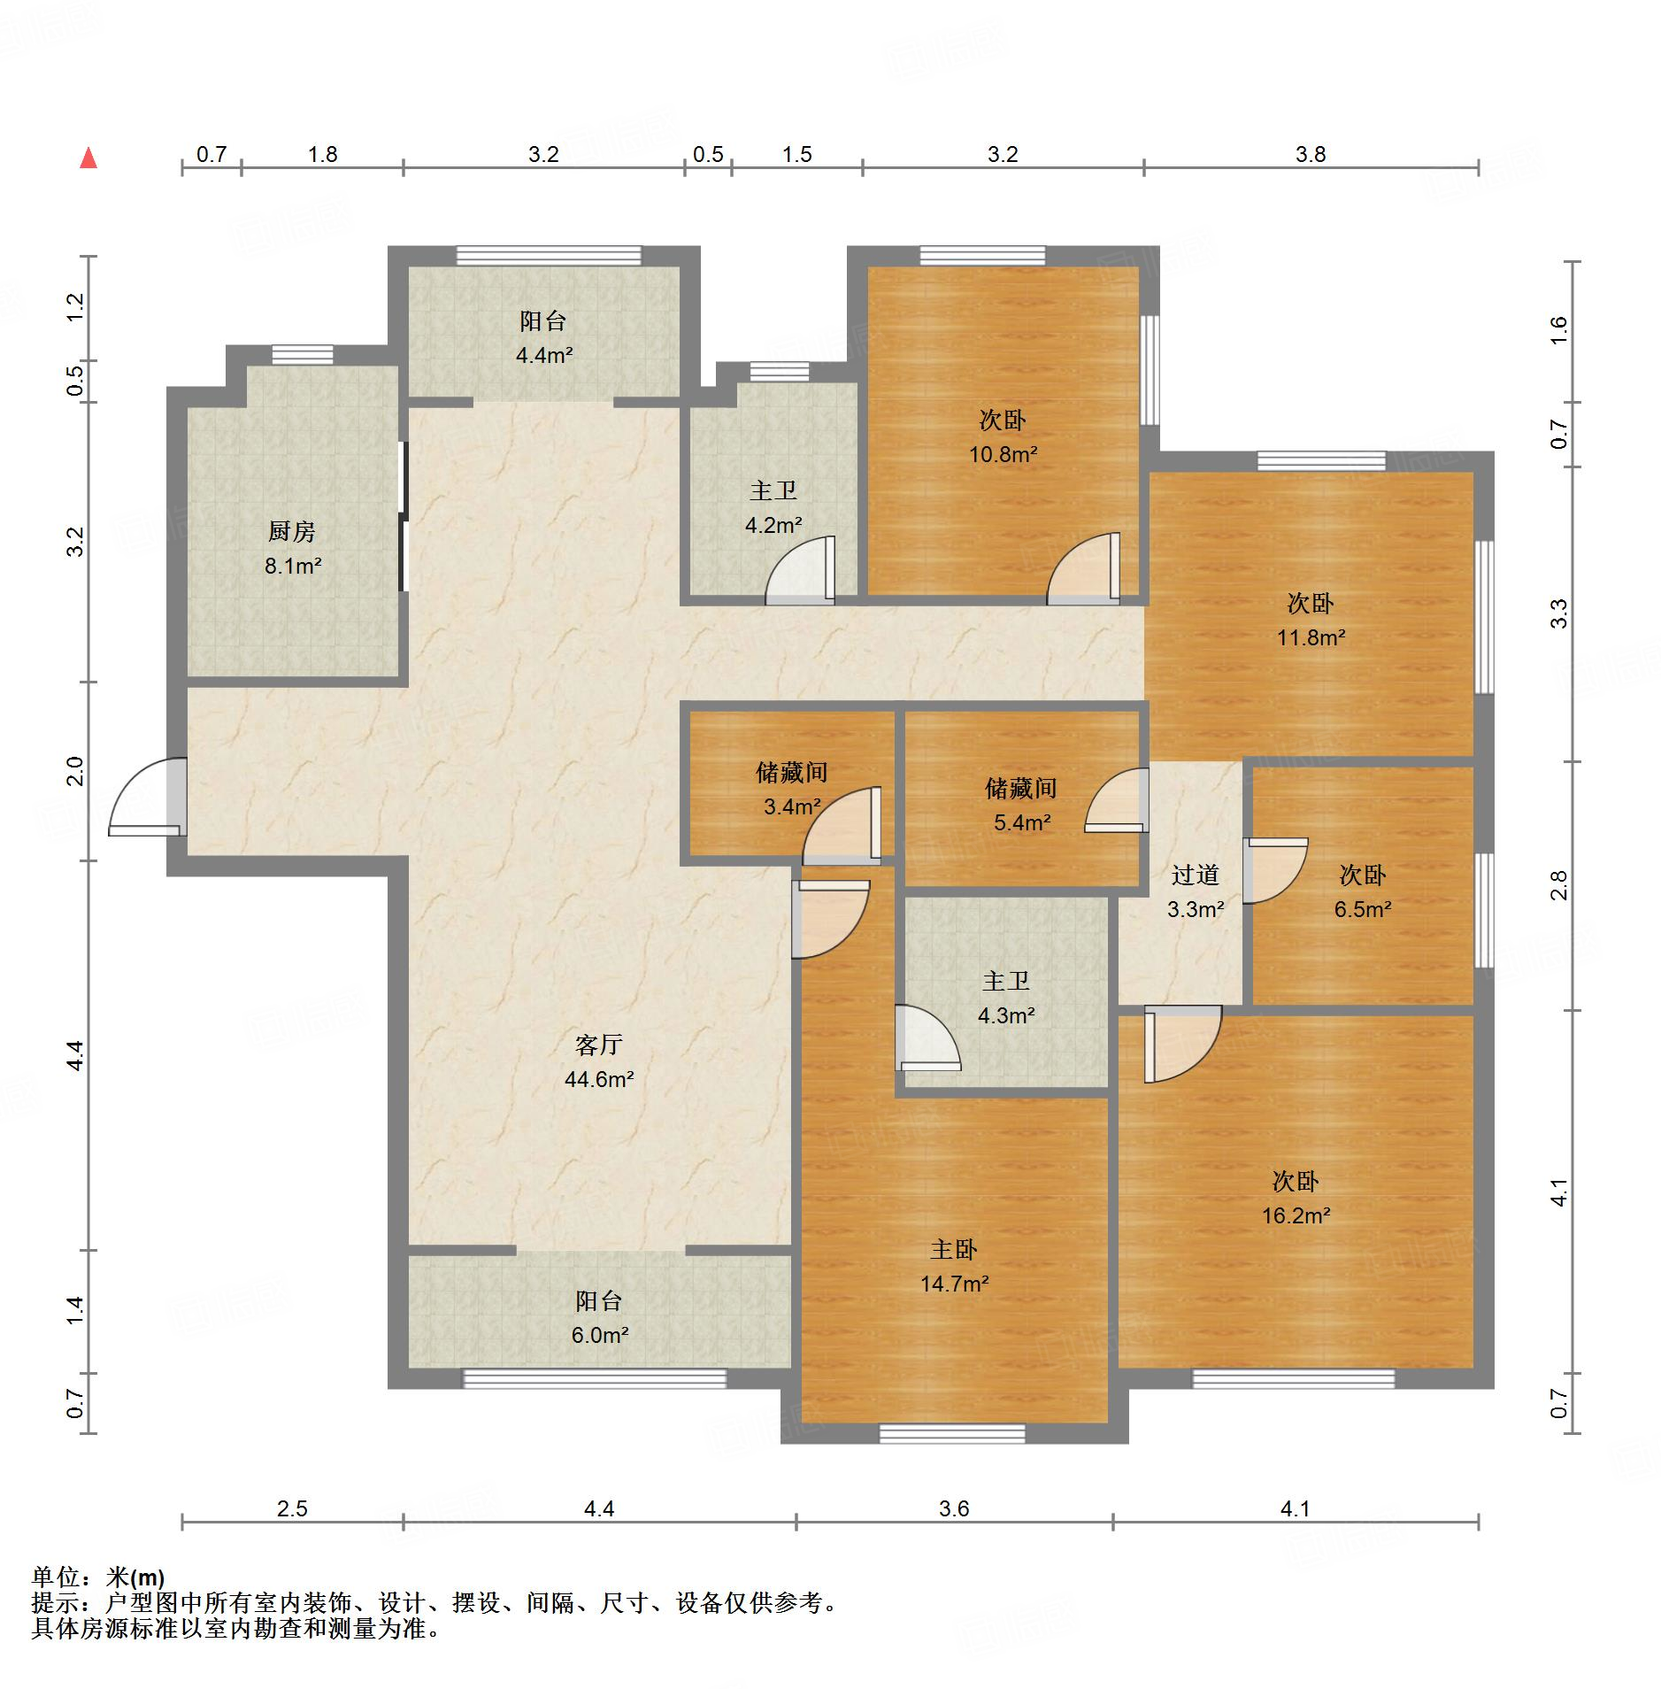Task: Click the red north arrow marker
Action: coord(88,158)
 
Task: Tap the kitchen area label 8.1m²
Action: coord(292,566)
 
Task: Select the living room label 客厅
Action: coord(599,1045)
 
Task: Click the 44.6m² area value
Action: coord(599,1079)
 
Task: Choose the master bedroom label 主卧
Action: coord(954,1249)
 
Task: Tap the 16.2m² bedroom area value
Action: coord(1296,1215)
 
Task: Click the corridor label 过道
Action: coord(1196,875)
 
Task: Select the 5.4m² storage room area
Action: coord(1022,822)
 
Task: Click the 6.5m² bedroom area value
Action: coord(1363,909)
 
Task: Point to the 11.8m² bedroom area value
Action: coord(1311,637)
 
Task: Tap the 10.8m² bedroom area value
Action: coord(1003,454)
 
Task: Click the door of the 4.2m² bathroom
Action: coord(800,570)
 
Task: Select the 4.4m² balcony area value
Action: coord(544,356)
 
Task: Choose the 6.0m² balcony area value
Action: coord(599,1335)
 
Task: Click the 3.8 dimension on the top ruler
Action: coord(1311,154)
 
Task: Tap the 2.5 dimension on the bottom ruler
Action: coord(292,1508)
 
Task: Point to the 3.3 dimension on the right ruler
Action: coord(1558,613)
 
